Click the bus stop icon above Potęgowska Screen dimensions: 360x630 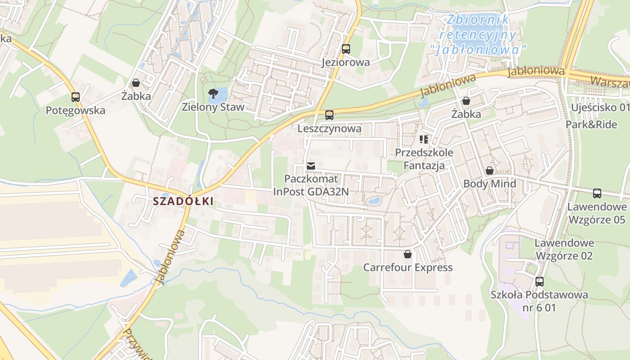click(76, 97)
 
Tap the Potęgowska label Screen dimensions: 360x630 click(76, 110)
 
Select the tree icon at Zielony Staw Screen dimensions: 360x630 click(213, 94)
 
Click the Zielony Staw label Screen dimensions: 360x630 click(213, 107)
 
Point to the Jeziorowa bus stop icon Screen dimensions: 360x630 click(346, 49)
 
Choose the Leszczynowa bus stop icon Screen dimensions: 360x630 click(329, 115)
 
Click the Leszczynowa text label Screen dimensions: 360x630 click(329, 129)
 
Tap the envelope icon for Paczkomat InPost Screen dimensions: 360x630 click(310, 166)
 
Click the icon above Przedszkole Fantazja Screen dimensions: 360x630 click(424, 139)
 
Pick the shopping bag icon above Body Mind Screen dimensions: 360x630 click(490, 171)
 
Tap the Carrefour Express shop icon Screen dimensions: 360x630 click(408, 254)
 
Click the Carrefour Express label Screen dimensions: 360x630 click(408, 268)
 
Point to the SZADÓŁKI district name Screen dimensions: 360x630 click(183, 201)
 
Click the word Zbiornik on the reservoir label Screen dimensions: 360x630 click(478, 19)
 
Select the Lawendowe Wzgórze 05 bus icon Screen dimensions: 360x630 click(597, 193)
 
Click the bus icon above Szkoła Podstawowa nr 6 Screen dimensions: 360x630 click(539, 282)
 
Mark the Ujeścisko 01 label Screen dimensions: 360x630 click(600, 108)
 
